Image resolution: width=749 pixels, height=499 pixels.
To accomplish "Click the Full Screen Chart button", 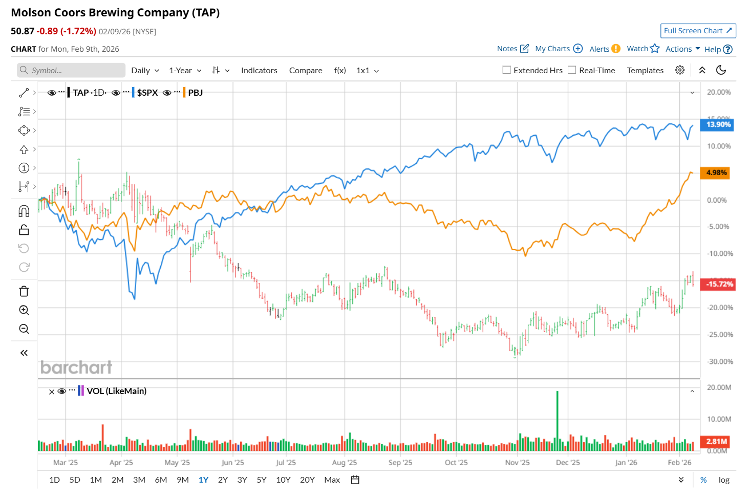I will (698, 31).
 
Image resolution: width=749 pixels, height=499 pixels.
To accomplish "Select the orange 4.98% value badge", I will (715, 172).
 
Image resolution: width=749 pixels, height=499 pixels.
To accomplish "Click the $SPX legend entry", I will (147, 93).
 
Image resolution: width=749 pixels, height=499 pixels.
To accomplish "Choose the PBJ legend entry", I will (195, 93).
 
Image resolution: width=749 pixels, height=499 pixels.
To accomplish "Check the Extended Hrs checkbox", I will (507, 70).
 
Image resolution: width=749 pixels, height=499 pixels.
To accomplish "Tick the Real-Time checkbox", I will (572, 70).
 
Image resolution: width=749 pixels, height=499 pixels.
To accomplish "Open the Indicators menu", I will (259, 71).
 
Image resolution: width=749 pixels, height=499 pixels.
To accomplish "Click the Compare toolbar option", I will (306, 71).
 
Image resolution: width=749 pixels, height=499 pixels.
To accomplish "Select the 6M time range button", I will (161, 480).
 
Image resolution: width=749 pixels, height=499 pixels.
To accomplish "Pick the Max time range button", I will (332, 480).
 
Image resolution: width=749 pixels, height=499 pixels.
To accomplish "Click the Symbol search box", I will (72, 71).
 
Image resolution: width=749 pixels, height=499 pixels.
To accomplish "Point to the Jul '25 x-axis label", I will (286, 463).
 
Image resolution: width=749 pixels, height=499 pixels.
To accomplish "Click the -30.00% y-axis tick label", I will (720, 361).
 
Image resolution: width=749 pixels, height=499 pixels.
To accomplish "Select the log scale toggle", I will (724, 480).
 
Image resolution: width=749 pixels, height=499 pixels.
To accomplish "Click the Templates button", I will (645, 71).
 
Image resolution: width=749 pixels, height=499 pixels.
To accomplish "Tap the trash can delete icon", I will (24, 291).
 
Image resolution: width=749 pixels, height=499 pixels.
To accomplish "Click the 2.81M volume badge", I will (716, 441).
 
